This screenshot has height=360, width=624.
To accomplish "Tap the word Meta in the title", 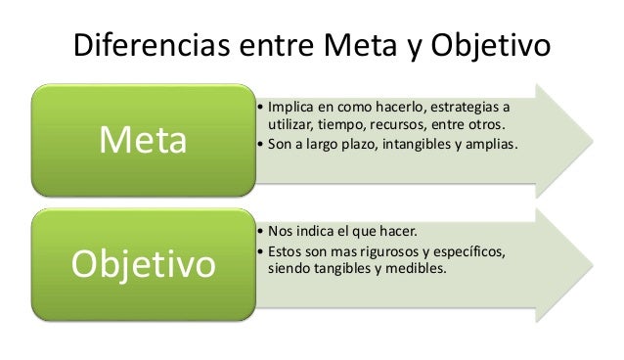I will pyautogui.click(x=356, y=45).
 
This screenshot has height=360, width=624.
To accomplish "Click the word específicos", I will pyautogui.click(x=468, y=251).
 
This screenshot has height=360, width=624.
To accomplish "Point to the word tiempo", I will pyautogui.click(x=356, y=124).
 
